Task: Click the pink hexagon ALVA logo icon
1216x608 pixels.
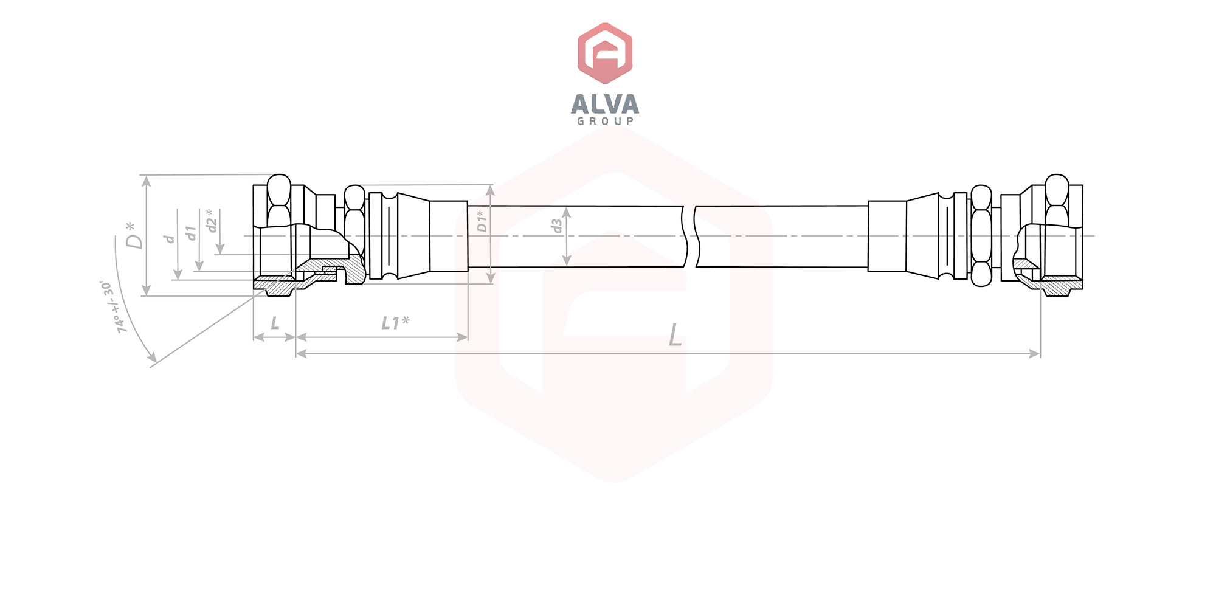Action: pyautogui.click(x=605, y=53)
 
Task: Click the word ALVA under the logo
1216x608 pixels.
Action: pyautogui.click(x=605, y=104)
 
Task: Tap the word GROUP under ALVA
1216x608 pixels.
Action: pyautogui.click(x=605, y=121)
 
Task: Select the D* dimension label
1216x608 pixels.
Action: pyautogui.click(x=134, y=235)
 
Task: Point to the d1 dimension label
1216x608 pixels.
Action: pyautogui.click(x=191, y=233)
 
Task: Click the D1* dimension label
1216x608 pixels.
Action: pyautogui.click(x=482, y=221)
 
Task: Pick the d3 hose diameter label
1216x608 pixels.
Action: pyautogui.click(x=556, y=226)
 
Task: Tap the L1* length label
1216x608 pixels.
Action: pyautogui.click(x=395, y=323)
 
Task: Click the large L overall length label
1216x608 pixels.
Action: pyautogui.click(x=675, y=335)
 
